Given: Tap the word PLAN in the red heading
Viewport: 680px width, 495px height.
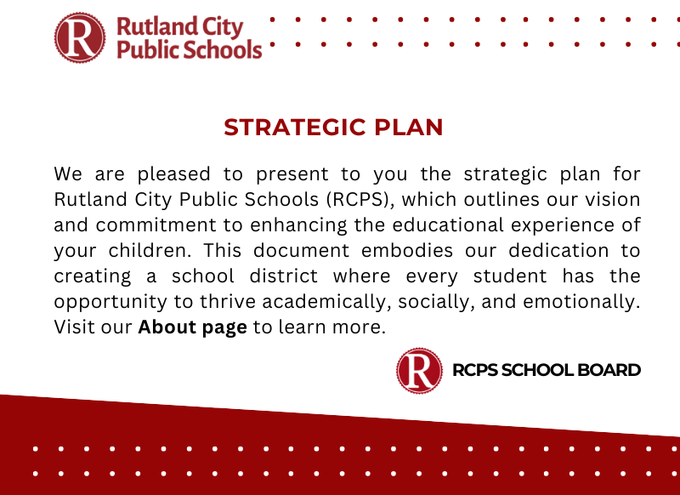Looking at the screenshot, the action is pyautogui.click(x=409, y=127).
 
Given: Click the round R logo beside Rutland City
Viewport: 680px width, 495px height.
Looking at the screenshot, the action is pyautogui.click(x=80, y=37).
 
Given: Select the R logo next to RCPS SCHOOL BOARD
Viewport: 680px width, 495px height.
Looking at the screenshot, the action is pyautogui.click(x=419, y=371).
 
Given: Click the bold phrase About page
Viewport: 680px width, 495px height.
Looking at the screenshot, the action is pyautogui.click(x=193, y=327).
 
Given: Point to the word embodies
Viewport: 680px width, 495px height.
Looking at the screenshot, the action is pyautogui.click(x=407, y=251).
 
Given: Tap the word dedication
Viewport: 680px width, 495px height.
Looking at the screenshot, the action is pyautogui.click(x=558, y=251).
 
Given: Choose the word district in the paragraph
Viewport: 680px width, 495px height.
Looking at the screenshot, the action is pyautogui.click(x=284, y=276).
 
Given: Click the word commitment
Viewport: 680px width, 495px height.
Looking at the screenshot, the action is pyautogui.click(x=156, y=225).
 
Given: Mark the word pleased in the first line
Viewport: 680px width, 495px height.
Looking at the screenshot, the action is pyautogui.click(x=174, y=175).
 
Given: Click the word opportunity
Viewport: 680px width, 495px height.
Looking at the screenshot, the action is pyautogui.click(x=110, y=302).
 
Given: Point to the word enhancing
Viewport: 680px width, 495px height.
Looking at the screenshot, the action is pyautogui.click(x=299, y=225).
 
